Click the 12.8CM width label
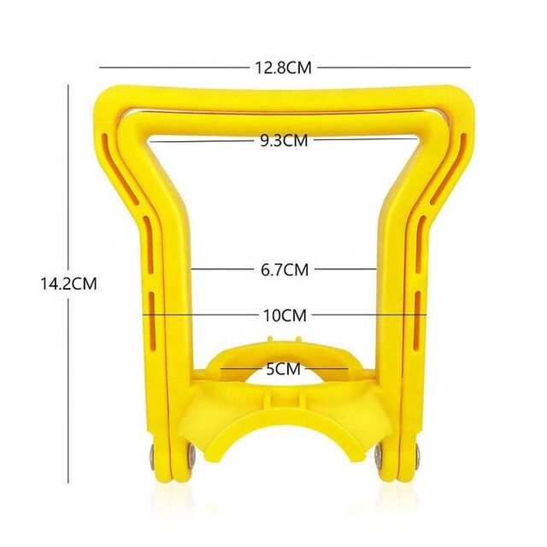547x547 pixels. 283,68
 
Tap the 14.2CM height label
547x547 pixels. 68,283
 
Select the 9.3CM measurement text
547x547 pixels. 285,140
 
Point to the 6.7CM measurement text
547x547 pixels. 285,270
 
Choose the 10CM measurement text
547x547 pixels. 285,315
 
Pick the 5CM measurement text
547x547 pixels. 283,369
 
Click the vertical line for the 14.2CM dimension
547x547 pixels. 68,284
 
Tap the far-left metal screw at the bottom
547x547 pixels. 152,458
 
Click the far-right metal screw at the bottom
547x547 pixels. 418,456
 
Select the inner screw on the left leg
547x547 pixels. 191,455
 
